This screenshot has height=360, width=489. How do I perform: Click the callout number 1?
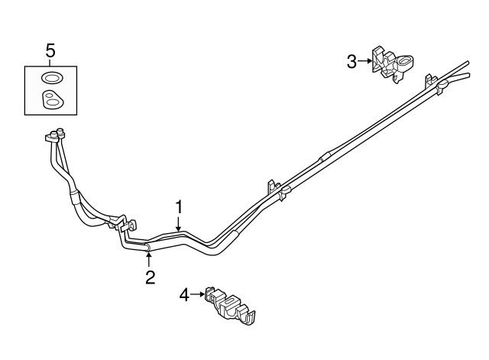pyautogui.click(x=179, y=207)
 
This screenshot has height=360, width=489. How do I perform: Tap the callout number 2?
pyautogui.click(x=151, y=277)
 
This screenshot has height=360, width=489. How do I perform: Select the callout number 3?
pyautogui.click(x=351, y=62)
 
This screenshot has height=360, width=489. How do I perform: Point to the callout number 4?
pyautogui.click(x=184, y=294)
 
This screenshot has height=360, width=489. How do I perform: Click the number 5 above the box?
pyautogui.click(x=50, y=51)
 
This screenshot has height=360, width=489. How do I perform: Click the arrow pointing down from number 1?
pyautogui.click(x=179, y=224)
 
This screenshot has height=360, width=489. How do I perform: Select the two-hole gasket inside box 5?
pyautogui.click(x=51, y=99)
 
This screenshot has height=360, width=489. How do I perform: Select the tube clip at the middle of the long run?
pyautogui.click(x=277, y=189)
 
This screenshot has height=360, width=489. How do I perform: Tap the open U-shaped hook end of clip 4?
pyautogui.click(x=251, y=315)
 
